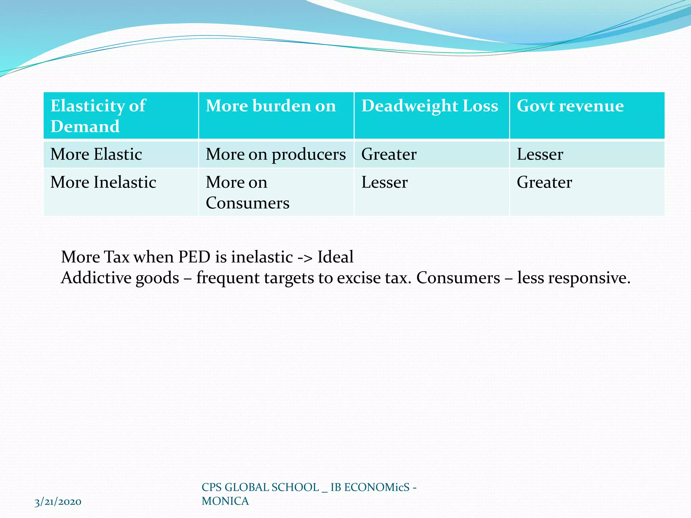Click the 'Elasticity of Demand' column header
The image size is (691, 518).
pyautogui.click(x=98, y=116)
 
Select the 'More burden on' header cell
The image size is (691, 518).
pyautogui.click(x=271, y=106)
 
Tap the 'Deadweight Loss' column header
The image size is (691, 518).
pyautogui.click(x=430, y=106)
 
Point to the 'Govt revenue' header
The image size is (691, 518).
pyautogui.click(x=570, y=106)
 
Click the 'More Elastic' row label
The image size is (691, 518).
pyautogui.click(x=96, y=154)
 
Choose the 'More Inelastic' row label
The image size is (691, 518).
pyautogui.click(x=103, y=182)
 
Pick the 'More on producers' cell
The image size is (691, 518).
pyautogui.click(x=276, y=154)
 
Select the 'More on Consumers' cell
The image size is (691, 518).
pyautogui.click(x=247, y=193)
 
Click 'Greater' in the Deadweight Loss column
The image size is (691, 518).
pyautogui.click(x=389, y=154)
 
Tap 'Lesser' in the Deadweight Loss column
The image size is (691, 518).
pyautogui.click(x=385, y=182)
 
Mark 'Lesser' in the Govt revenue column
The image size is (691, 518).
pyautogui.click(x=540, y=154)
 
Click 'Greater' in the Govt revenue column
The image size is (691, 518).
pyautogui.click(x=544, y=182)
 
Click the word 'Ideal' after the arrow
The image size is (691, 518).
pyautogui.click(x=335, y=257)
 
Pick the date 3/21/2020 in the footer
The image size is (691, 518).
pyautogui.click(x=58, y=502)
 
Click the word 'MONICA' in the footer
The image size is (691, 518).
pyautogui.click(x=225, y=501)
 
